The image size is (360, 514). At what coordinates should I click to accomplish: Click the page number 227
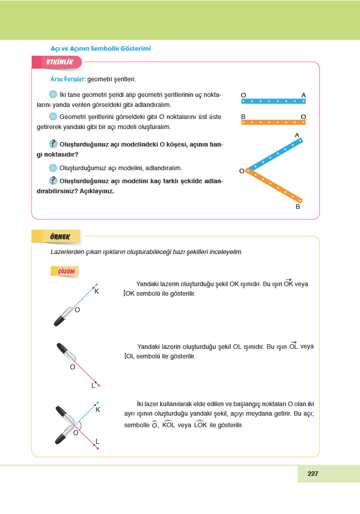coord(313,473)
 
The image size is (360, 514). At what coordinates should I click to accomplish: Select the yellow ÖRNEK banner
coord(59,236)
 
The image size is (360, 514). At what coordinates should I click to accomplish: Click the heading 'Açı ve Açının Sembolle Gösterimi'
coord(101,49)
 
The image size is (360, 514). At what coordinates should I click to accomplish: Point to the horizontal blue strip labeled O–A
coord(273,101)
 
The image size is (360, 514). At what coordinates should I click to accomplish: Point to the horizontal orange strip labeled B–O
coord(273,122)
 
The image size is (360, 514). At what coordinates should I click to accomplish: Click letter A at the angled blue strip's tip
coord(297,135)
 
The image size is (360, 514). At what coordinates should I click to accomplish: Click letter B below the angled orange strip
coord(297,206)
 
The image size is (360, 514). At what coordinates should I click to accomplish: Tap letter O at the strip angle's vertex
coord(242,171)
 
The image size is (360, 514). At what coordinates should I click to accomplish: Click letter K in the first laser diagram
coord(96,291)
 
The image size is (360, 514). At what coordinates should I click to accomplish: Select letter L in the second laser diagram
coord(93,385)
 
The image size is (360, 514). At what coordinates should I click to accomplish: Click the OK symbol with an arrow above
coord(288,284)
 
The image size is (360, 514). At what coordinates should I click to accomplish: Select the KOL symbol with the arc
coord(168,425)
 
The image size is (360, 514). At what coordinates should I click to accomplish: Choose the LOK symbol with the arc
coord(200,425)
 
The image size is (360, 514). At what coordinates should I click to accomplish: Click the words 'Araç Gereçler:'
coord(68,79)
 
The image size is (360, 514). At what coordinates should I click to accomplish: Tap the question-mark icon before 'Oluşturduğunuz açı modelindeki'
coord(54,144)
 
